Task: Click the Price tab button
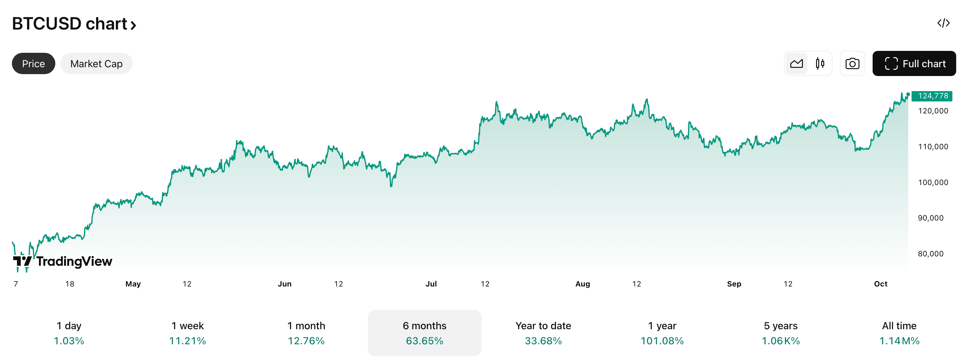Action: click(x=34, y=64)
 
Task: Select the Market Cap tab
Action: click(x=96, y=64)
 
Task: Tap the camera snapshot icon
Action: click(x=852, y=64)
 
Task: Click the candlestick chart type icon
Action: click(x=820, y=64)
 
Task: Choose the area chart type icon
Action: click(x=796, y=64)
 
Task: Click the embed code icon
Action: click(x=943, y=23)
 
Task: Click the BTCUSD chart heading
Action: click(x=74, y=24)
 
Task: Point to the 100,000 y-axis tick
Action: click(x=933, y=182)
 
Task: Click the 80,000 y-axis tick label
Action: click(x=930, y=254)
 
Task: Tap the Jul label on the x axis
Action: click(x=431, y=284)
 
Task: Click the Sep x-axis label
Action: click(x=734, y=284)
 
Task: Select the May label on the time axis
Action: click(x=133, y=284)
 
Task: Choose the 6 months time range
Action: click(x=424, y=333)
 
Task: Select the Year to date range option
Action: click(x=543, y=333)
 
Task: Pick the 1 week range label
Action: click(x=188, y=326)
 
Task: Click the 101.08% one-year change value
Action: click(x=662, y=341)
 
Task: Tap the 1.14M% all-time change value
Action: click(x=899, y=341)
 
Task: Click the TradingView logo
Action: click(x=63, y=261)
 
